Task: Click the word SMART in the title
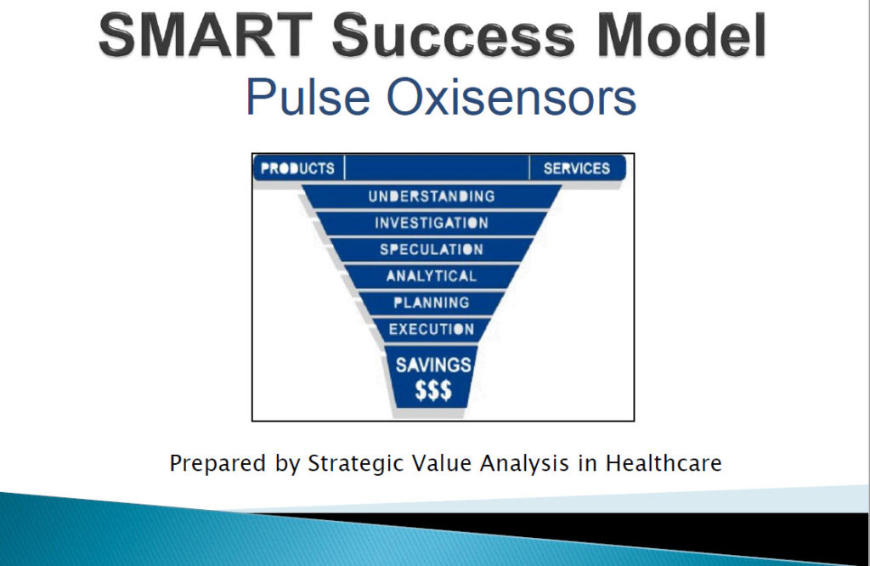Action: click(x=205, y=35)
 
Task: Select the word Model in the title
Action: click(x=682, y=35)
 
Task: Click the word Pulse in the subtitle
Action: click(x=308, y=97)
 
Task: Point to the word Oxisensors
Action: click(x=511, y=97)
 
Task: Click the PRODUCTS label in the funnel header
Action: click(x=297, y=168)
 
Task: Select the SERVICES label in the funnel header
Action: click(x=577, y=168)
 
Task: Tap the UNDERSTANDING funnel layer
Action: click(x=432, y=196)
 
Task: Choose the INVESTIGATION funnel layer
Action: click(x=432, y=223)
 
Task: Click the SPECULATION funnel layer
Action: click(x=432, y=250)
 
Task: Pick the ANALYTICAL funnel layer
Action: click(x=432, y=276)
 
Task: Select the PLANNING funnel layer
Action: click(x=432, y=303)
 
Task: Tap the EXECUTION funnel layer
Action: click(x=432, y=330)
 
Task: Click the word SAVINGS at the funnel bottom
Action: click(x=433, y=365)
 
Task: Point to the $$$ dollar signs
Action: click(x=433, y=390)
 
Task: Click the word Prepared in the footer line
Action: click(x=217, y=463)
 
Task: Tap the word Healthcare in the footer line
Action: click(x=664, y=463)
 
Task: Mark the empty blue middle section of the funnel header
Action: click(x=438, y=168)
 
